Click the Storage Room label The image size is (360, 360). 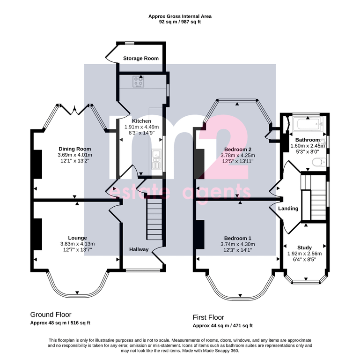coord(141,59)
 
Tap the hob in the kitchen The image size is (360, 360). coord(139,82)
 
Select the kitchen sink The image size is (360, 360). coord(156,159)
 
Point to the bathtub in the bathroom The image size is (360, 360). coord(308,124)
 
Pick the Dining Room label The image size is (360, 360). coord(75,149)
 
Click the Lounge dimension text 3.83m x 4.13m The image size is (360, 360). coord(77,244)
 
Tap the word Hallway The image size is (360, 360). coord(139,250)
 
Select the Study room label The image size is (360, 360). coord(304,247)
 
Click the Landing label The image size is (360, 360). coord(288,209)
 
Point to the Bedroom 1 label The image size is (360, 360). coord(238,239)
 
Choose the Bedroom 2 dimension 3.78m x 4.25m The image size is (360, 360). coord(238,156)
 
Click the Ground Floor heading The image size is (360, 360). coord(51,315)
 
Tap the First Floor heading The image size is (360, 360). coord(208,317)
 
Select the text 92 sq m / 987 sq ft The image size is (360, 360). coord(180,22)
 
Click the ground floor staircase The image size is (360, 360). coord(154,220)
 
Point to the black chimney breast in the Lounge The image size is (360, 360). coord(37,234)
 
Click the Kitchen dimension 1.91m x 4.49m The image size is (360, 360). coord(142,127)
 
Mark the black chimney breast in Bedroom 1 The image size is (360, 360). coord(200,234)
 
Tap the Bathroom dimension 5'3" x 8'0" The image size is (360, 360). coord(308,152)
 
